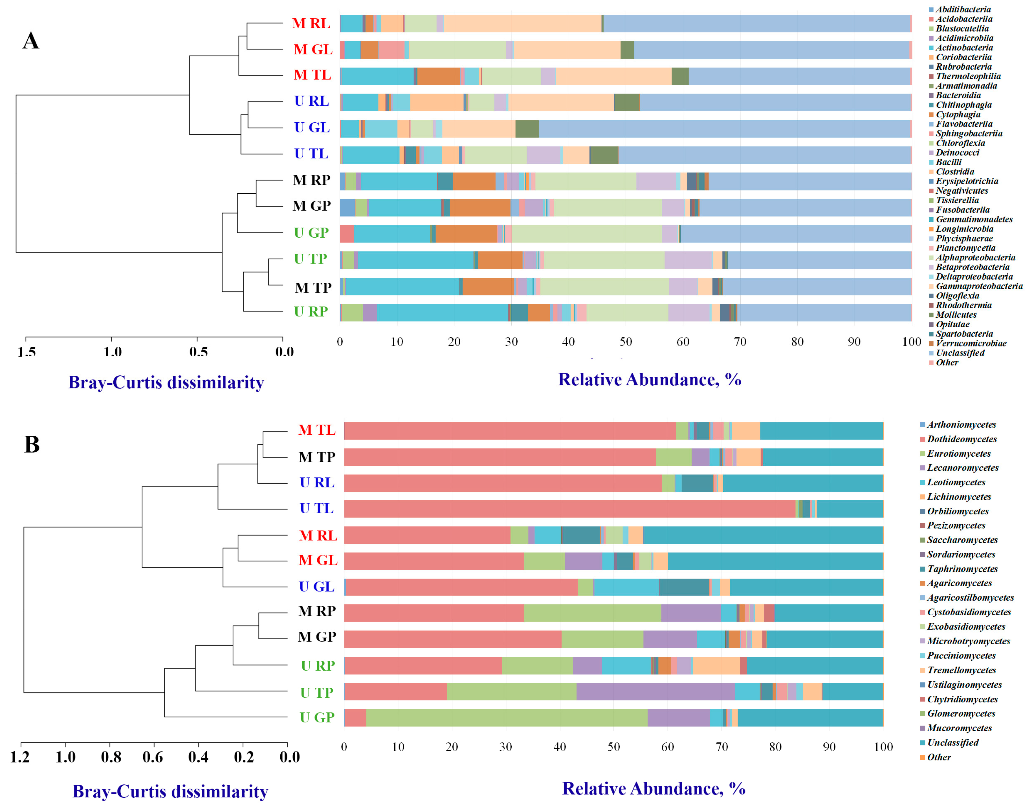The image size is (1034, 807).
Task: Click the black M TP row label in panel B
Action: (x=317, y=457)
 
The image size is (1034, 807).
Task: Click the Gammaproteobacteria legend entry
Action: (x=979, y=286)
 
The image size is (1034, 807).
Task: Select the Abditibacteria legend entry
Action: (x=963, y=10)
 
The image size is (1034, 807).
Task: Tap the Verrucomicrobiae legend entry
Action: (x=971, y=343)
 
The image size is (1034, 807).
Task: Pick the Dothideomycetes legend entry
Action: (x=962, y=439)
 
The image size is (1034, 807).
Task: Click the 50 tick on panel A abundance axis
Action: (x=625, y=342)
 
